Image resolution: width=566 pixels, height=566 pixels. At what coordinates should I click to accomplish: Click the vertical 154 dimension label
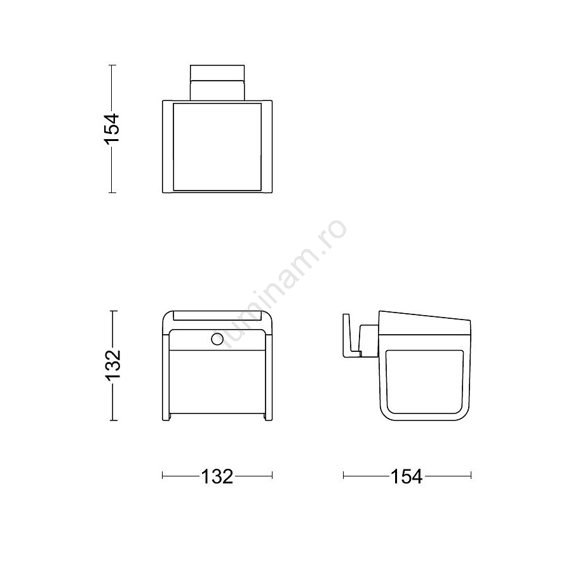112,129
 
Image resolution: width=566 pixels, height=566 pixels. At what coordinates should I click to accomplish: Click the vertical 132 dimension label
112,365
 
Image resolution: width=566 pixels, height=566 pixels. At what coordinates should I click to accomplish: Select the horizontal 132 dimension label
217,476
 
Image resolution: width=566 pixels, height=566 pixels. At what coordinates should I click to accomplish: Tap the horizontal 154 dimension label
407,476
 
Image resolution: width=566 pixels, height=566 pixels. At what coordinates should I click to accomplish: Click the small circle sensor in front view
217,339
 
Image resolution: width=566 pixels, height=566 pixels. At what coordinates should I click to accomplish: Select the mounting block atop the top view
217,83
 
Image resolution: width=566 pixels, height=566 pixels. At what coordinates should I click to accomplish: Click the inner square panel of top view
217,147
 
